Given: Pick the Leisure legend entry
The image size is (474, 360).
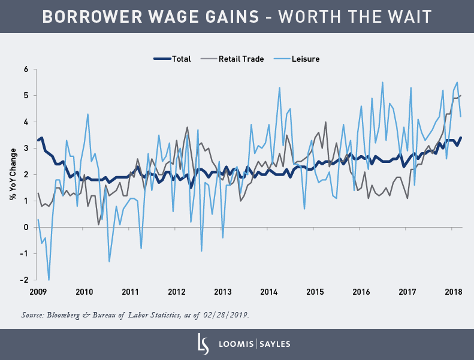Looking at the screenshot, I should tap(306, 59).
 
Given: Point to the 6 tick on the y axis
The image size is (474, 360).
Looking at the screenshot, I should tap(26, 69).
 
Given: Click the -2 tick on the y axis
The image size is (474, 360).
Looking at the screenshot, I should tap(25, 280).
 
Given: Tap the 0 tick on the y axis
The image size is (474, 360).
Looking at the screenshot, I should tap(26, 227).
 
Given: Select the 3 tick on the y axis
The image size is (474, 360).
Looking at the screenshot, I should tap(26, 148).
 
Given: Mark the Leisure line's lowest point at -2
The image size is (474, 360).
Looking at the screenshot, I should tap(49, 280).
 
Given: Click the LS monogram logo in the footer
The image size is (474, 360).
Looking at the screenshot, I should tap(203, 344).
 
